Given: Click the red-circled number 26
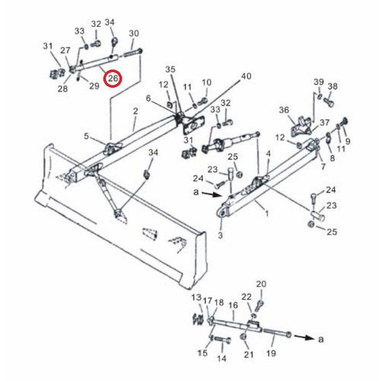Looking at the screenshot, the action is point(113,78).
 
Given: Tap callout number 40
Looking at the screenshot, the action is point(246,76).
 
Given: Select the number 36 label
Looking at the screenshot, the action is point(284,110).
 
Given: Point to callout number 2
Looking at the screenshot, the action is point(135,111).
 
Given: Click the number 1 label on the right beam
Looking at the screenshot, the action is point(267,213).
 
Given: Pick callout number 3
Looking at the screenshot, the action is point(220,235).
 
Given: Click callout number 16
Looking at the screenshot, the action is point(233,305).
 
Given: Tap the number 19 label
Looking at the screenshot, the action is point(271,353).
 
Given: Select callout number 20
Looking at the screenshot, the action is point(261,284).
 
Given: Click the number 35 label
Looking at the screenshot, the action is point(170,69).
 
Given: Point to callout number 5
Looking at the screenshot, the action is point(86,136).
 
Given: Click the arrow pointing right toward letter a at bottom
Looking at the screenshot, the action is point(304,337).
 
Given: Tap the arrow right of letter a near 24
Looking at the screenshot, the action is point(212,194).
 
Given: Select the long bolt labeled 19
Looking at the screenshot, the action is point(277,333).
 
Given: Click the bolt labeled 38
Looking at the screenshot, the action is point(329,102).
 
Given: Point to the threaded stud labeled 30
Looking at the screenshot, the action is point(133,52).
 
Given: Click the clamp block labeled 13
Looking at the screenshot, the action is point(198,319).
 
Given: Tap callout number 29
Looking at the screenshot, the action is point(94,86).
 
